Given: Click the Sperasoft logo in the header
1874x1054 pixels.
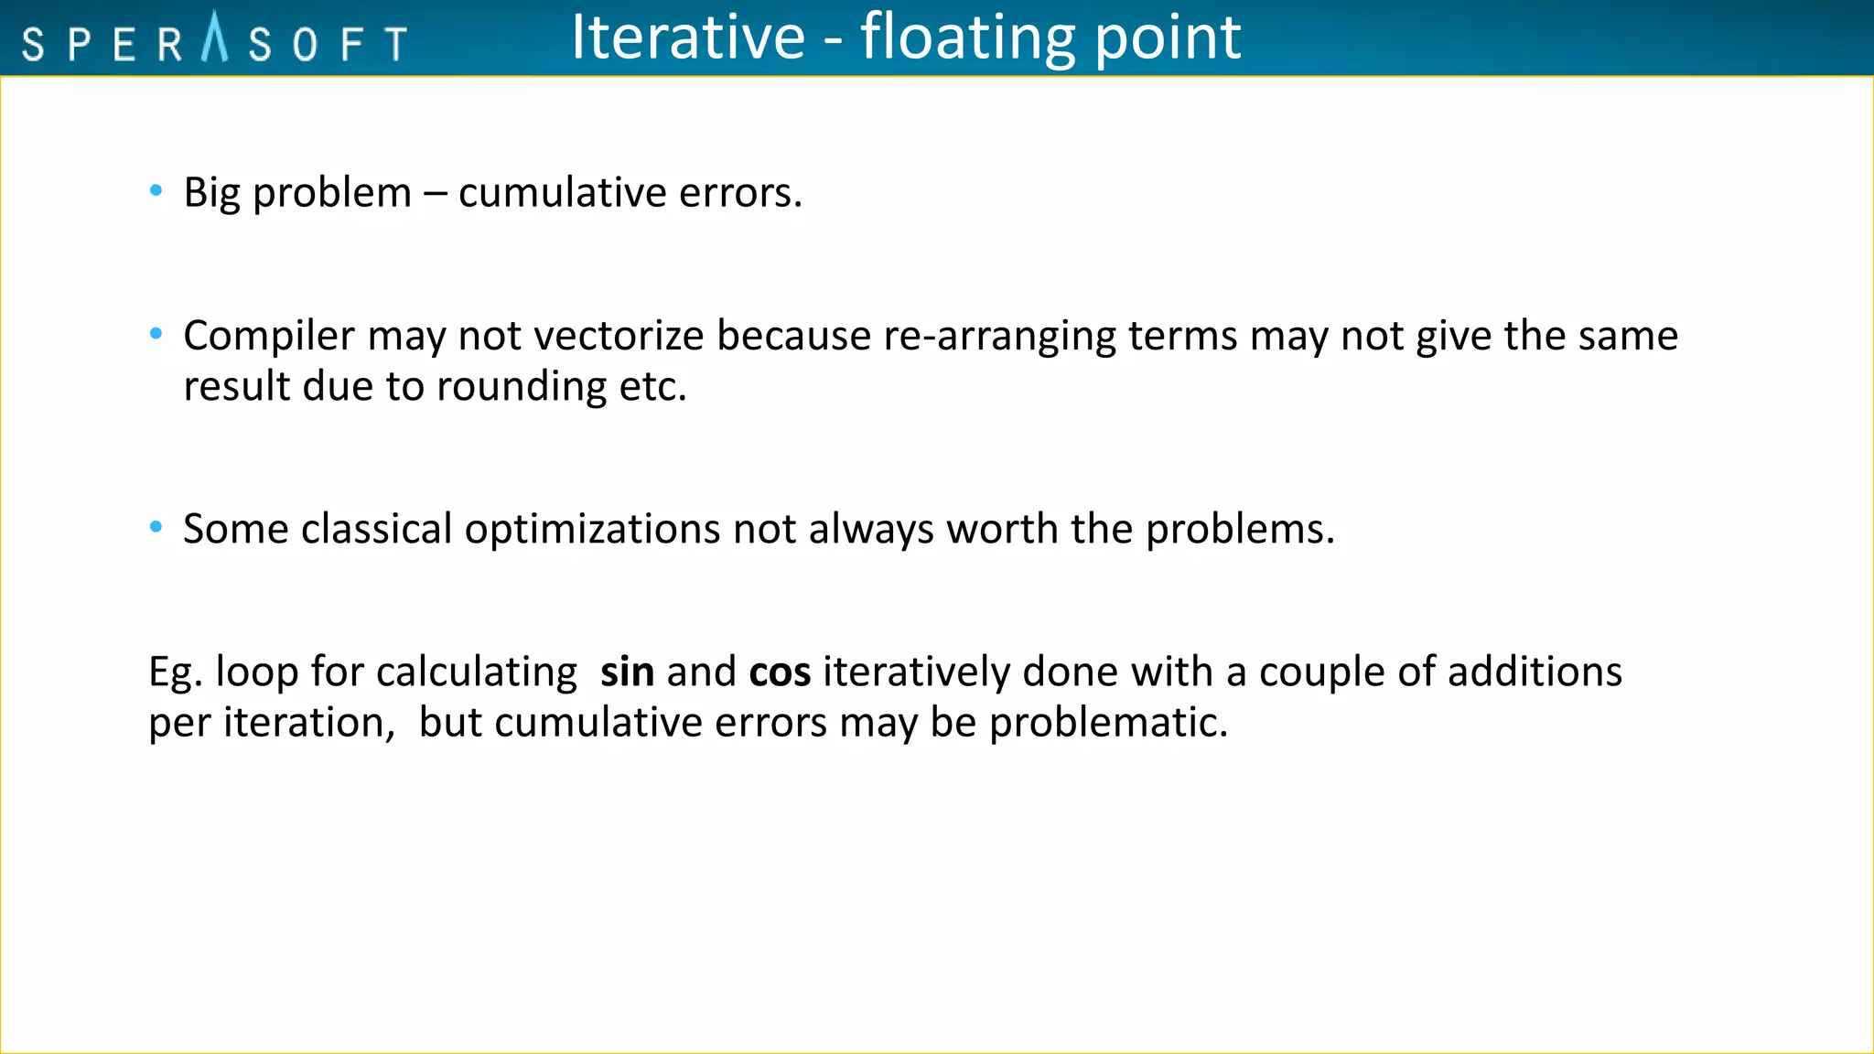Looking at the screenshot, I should click(x=214, y=40).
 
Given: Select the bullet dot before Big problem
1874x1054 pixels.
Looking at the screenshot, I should click(x=156, y=190).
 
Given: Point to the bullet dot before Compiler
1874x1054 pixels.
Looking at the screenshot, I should click(x=156, y=334).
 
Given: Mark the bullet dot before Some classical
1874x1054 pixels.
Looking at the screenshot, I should click(x=156, y=527).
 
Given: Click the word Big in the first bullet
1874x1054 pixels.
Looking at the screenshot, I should click(x=211, y=193).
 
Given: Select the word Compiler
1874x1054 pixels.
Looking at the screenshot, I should click(x=269, y=337).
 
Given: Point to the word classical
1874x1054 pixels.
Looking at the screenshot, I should click(x=376, y=529).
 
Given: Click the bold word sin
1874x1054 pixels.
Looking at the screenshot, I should click(x=627, y=672).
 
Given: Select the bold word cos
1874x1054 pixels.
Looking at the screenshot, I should click(x=780, y=672).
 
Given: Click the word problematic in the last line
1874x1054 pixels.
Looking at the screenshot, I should click(x=1108, y=723).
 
